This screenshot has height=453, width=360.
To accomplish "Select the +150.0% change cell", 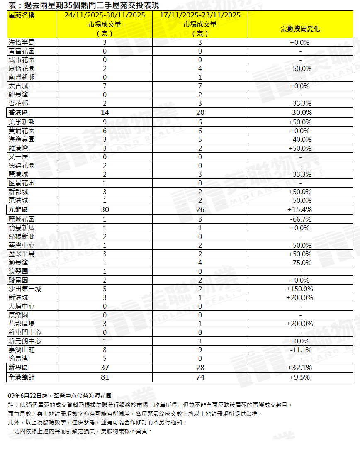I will click(300, 289).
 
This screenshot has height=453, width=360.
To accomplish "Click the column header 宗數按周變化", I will click(300, 29).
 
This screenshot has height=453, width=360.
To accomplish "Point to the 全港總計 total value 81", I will click(105, 377).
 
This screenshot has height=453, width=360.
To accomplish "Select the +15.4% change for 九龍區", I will click(300, 209).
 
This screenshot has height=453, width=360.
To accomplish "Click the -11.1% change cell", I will click(300, 350).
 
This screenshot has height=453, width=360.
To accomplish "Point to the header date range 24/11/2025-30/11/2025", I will click(105, 15).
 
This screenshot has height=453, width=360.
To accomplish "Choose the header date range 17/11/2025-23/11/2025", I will click(200, 15).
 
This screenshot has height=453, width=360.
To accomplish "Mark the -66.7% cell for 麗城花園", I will click(300, 219).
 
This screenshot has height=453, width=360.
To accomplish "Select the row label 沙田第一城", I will click(25, 289).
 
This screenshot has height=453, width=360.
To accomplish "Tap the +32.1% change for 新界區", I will click(300, 368).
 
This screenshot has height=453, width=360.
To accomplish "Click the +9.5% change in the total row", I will click(300, 377).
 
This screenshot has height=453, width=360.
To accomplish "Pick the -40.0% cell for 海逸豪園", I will click(300, 139).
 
